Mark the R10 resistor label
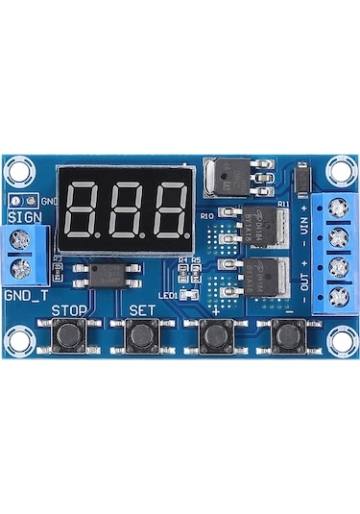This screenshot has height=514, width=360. pyautogui.click(x=206, y=217)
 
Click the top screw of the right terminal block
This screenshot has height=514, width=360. pyautogui.click(x=336, y=206)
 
